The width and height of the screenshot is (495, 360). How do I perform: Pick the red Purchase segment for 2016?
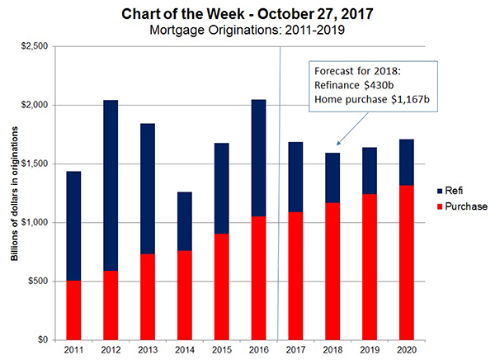pos(259,277)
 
